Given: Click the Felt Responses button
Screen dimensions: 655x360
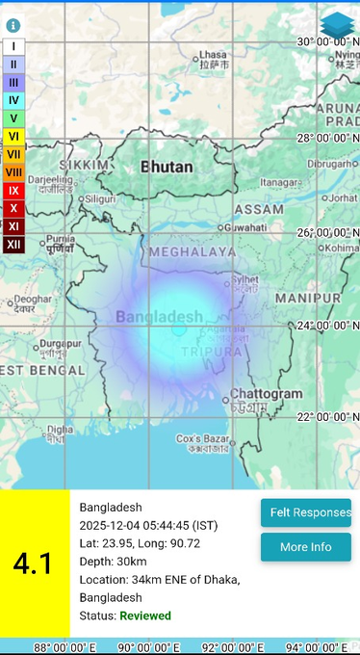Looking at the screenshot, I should [x=305, y=512].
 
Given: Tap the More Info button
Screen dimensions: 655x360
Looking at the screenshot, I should [x=305, y=547].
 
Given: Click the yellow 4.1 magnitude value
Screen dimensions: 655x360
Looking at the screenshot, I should [x=34, y=563].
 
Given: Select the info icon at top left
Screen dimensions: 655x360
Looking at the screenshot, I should [x=13, y=25].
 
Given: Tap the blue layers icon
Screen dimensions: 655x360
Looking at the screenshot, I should [x=337, y=25].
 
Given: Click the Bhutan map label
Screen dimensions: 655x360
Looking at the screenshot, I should [x=167, y=167].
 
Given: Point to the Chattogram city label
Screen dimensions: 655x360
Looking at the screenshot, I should [x=267, y=394].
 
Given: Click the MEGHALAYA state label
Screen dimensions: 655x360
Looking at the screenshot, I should [x=192, y=251].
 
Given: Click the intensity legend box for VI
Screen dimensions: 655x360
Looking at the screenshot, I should [x=13, y=136].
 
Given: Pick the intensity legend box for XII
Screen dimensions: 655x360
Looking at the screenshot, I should [x=13, y=245].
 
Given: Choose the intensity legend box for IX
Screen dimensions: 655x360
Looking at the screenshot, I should [x=13, y=191].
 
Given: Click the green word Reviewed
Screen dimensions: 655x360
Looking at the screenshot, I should [x=145, y=616].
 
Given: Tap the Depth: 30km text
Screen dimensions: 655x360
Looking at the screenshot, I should [x=113, y=562].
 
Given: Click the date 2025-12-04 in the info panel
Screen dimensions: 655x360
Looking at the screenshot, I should [x=109, y=525].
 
